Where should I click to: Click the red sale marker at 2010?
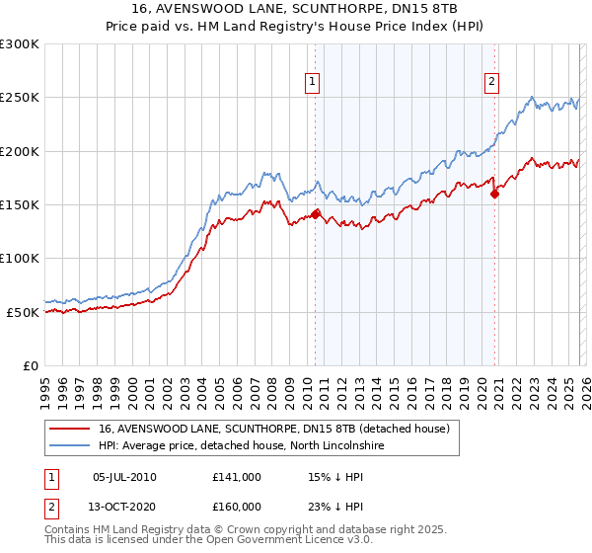(x=316, y=213)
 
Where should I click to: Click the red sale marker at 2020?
(x=495, y=194)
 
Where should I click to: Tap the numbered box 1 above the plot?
(x=312, y=83)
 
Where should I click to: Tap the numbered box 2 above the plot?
(x=491, y=83)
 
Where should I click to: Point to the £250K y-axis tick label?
(x=20, y=98)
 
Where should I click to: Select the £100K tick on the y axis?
(x=20, y=258)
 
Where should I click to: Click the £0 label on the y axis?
(x=30, y=365)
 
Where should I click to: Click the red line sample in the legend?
(x=69, y=429)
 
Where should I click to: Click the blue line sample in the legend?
(x=69, y=445)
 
